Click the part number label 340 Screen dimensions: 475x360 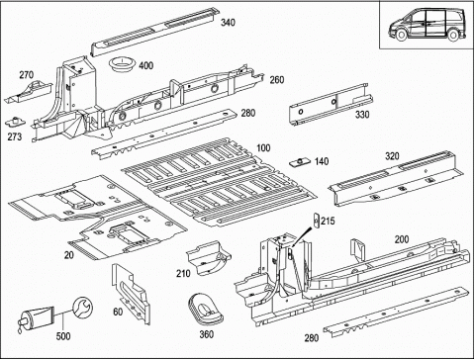tap(228, 23)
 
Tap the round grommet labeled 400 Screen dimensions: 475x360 tap(122, 64)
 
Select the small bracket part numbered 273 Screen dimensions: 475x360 tap(15, 122)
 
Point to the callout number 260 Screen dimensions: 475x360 tap(277, 80)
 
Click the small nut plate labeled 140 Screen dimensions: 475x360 tap(300, 162)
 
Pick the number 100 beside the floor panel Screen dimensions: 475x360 tap(263, 148)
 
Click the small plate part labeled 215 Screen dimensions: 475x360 tap(316, 221)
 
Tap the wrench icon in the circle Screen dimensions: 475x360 tap(82, 309)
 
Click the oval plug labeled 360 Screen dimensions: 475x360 tap(205, 309)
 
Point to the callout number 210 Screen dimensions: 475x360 tap(183, 273)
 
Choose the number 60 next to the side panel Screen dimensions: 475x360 tap(118, 312)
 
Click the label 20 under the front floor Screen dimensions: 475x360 tap(69, 255)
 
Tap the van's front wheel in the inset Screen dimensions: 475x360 tap(401, 36)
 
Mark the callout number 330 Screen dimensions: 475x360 tap(362, 115)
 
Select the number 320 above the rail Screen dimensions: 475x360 tap(392, 156)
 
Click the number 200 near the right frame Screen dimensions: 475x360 tap(402, 239)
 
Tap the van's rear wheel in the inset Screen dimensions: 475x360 tap(453, 36)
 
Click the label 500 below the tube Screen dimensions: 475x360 tap(63, 336)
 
